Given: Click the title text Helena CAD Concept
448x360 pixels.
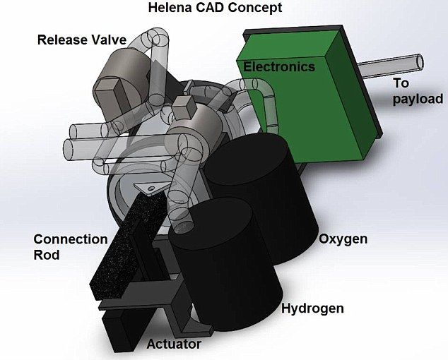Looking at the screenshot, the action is [x=215, y=8].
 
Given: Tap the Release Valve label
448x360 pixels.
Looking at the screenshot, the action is [x=82, y=40].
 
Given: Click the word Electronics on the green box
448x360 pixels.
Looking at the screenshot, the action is [x=279, y=66].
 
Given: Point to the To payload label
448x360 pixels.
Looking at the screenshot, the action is [x=418, y=91].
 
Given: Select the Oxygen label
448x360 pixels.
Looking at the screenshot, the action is [x=343, y=239].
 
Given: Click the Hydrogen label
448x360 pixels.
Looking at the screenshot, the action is [x=312, y=308].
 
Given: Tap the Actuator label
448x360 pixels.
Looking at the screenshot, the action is [x=174, y=344].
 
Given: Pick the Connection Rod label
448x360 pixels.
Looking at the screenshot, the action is [x=71, y=246].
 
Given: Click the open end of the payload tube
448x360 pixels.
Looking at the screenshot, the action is [x=420, y=61].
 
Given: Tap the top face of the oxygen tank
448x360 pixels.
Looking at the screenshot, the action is [x=247, y=159].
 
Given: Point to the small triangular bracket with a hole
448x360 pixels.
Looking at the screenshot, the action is [x=148, y=189].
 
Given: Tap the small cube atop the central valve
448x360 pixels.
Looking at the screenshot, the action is [x=184, y=107].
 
